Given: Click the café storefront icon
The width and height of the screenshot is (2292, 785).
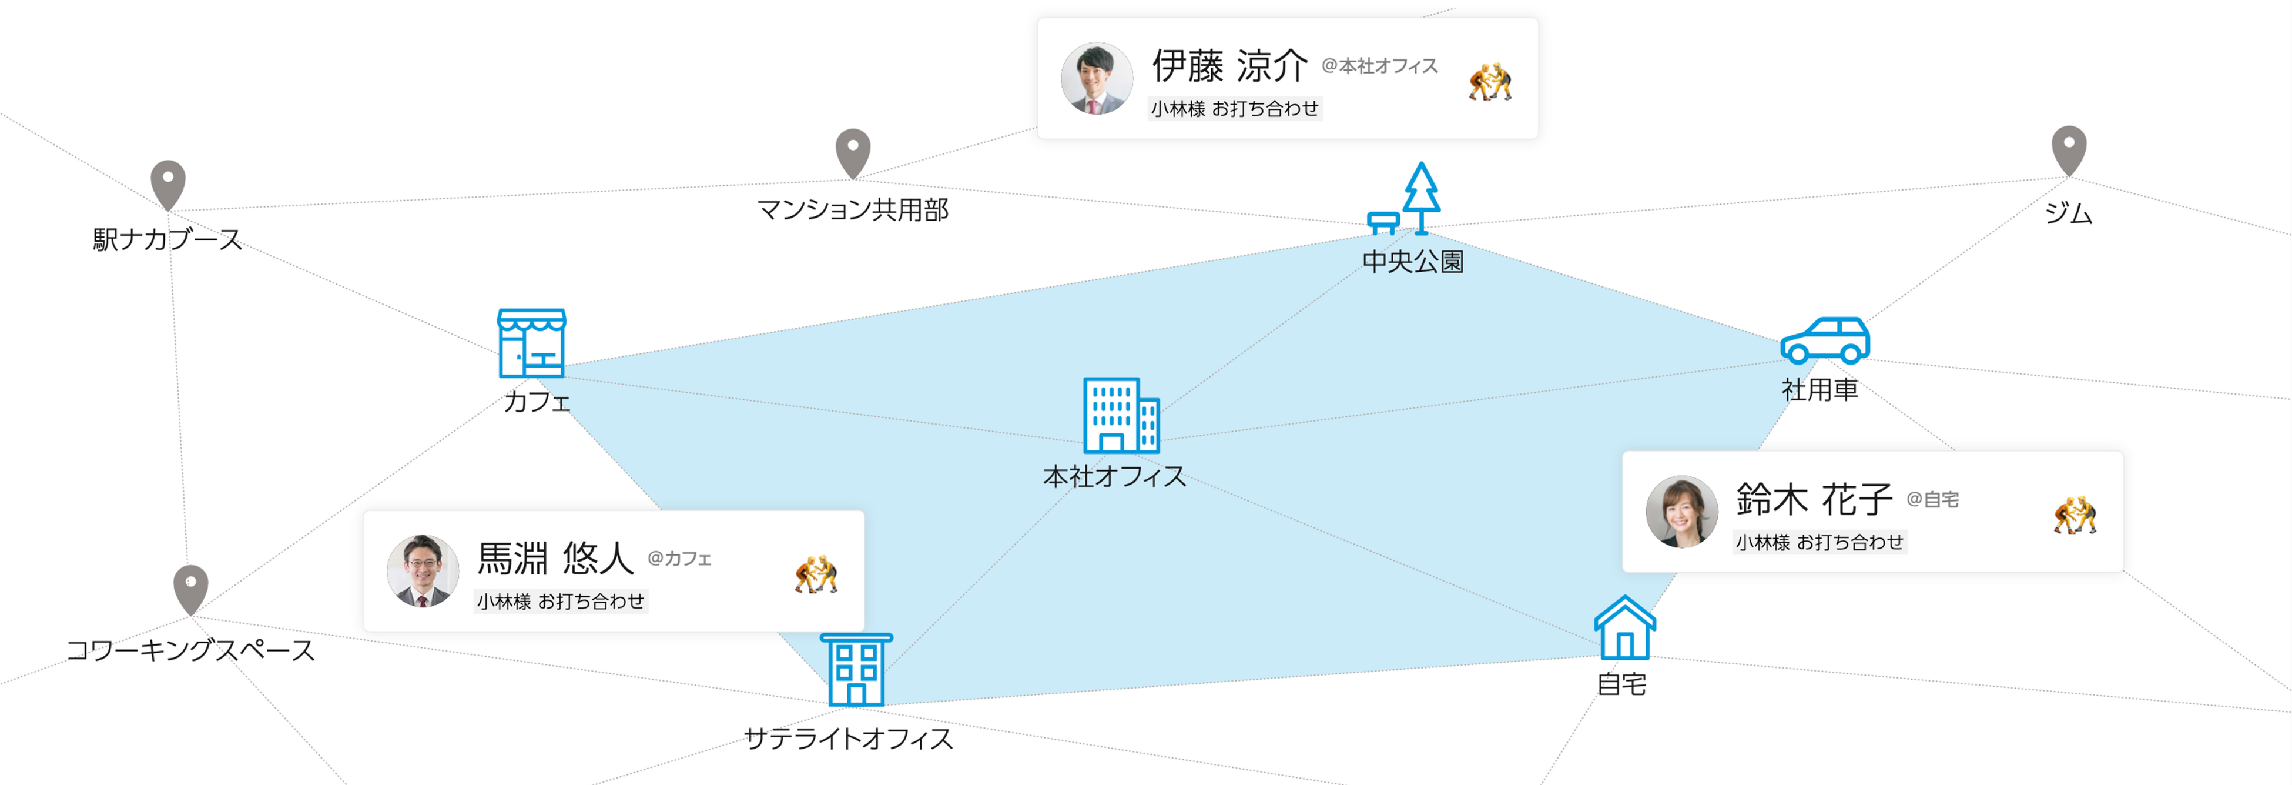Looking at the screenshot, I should tap(531, 343).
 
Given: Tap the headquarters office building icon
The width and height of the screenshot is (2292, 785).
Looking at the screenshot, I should tap(1120, 415).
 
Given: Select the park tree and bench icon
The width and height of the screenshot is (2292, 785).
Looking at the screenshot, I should tap(1406, 199).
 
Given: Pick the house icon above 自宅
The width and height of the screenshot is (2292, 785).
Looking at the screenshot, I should tap(1625, 629).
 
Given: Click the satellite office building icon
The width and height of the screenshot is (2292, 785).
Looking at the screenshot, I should tap(856, 669).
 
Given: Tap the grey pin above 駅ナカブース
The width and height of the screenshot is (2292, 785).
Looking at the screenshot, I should tap(168, 183).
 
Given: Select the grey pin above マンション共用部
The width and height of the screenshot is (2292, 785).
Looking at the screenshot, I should tap(852, 152).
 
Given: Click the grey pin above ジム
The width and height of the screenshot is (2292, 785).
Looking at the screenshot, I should tap(2069, 149).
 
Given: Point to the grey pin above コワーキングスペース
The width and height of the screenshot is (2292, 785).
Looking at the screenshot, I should tap(190, 587).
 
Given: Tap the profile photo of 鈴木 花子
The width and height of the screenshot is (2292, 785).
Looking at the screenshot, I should tap(1681, 512).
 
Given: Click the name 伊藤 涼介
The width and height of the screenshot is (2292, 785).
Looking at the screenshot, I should tap(1229, 65).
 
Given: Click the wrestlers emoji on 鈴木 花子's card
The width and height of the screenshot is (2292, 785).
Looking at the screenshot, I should tap(2075, 515).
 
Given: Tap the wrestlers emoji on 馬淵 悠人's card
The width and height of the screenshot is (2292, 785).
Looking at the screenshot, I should tap(816, 574).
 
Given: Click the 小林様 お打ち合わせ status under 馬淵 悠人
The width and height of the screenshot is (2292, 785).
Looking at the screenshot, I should tap(561, 602).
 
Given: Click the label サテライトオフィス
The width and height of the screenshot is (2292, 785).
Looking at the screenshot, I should tap(848, 739).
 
